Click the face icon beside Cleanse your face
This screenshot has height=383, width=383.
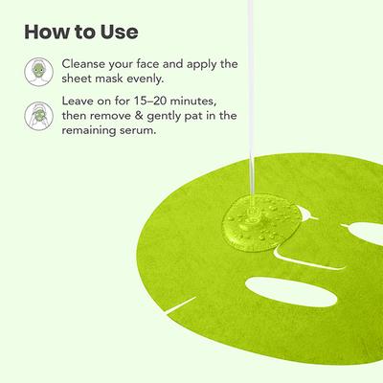(36, 69)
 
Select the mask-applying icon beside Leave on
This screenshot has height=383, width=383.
(36, 116)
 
